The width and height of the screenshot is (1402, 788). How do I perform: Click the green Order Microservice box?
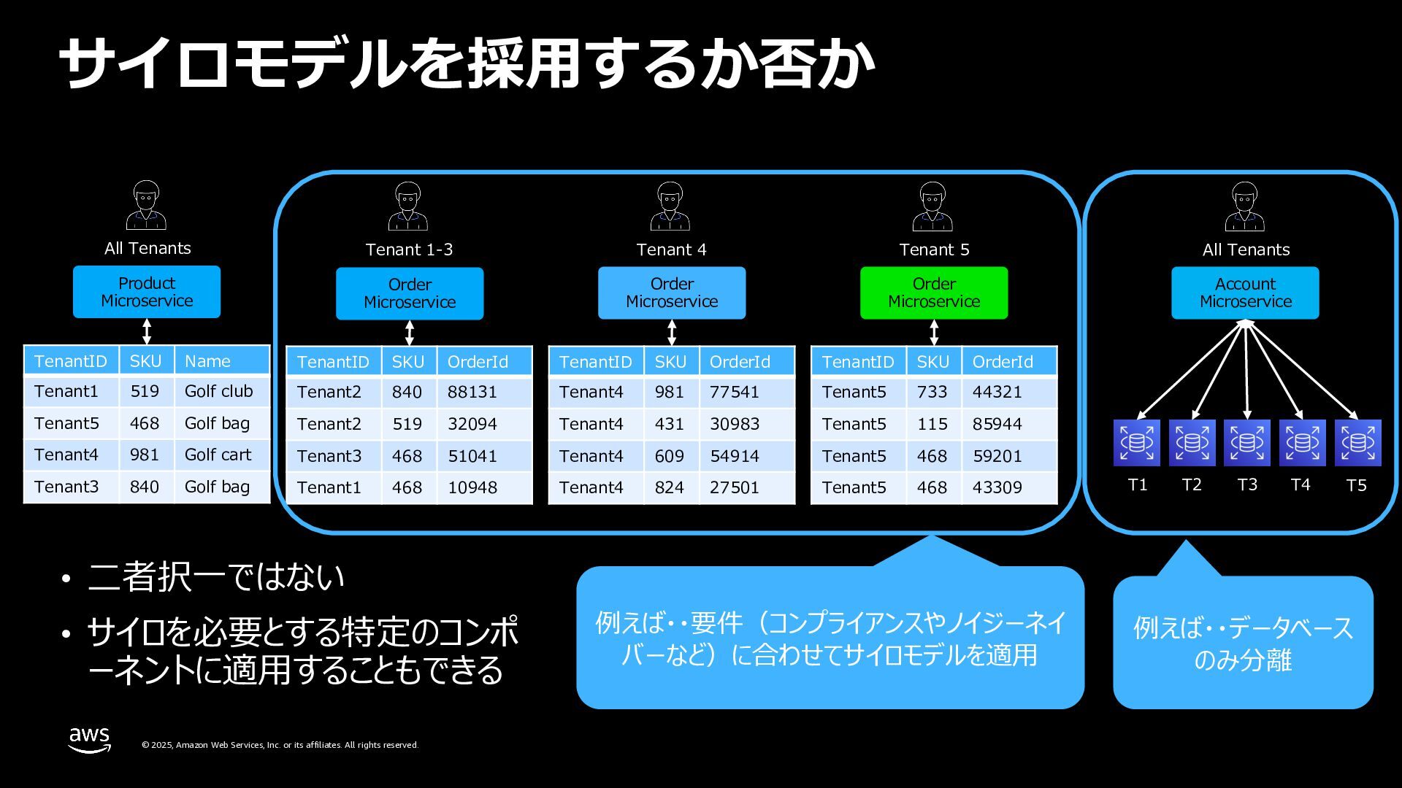point(933,293)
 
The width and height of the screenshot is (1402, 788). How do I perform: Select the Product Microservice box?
point(146,292)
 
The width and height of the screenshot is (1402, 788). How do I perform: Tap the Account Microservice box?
point(1245,293)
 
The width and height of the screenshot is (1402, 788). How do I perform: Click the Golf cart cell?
point(218,455)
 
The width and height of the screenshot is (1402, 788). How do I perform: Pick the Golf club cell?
point(218,391)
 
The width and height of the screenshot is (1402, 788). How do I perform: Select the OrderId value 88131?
point(472,392)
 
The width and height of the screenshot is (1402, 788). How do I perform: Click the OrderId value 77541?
point(734,392)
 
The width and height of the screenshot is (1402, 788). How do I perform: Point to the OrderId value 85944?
point(997,424)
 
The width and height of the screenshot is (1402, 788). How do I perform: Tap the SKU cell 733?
point(932,392)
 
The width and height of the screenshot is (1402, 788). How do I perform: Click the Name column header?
point(207,361)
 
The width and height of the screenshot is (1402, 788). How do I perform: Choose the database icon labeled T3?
point(1246,442)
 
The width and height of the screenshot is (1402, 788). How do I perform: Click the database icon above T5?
point(1357,442)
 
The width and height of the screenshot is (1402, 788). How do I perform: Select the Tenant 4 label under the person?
point(671,250)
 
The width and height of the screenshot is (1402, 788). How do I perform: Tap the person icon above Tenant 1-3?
point(407,206)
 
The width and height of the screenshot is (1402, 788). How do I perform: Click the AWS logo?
point(90,739)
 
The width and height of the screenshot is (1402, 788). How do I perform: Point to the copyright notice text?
point(280,745)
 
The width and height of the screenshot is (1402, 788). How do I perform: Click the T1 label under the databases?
point(1137,485)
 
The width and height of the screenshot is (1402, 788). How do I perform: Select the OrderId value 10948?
point(472,487)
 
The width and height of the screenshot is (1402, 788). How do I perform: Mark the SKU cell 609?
point(669,456)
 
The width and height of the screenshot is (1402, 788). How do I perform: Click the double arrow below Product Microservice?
point(147,331)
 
